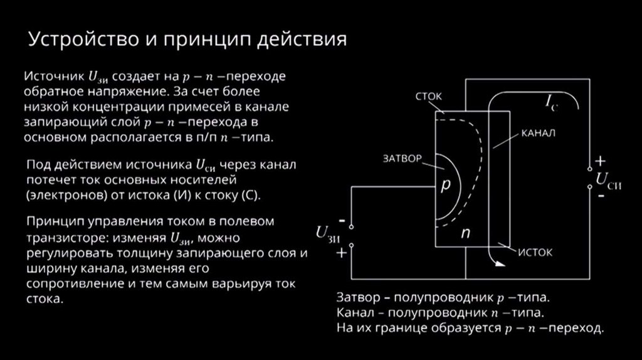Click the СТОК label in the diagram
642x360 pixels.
[429, 97]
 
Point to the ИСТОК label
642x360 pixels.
[535, 253]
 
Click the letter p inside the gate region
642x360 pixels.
[446, 186]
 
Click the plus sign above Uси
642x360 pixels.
[600, 159]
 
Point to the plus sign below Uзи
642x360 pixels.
[342, 253]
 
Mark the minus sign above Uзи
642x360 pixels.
[342, 221]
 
